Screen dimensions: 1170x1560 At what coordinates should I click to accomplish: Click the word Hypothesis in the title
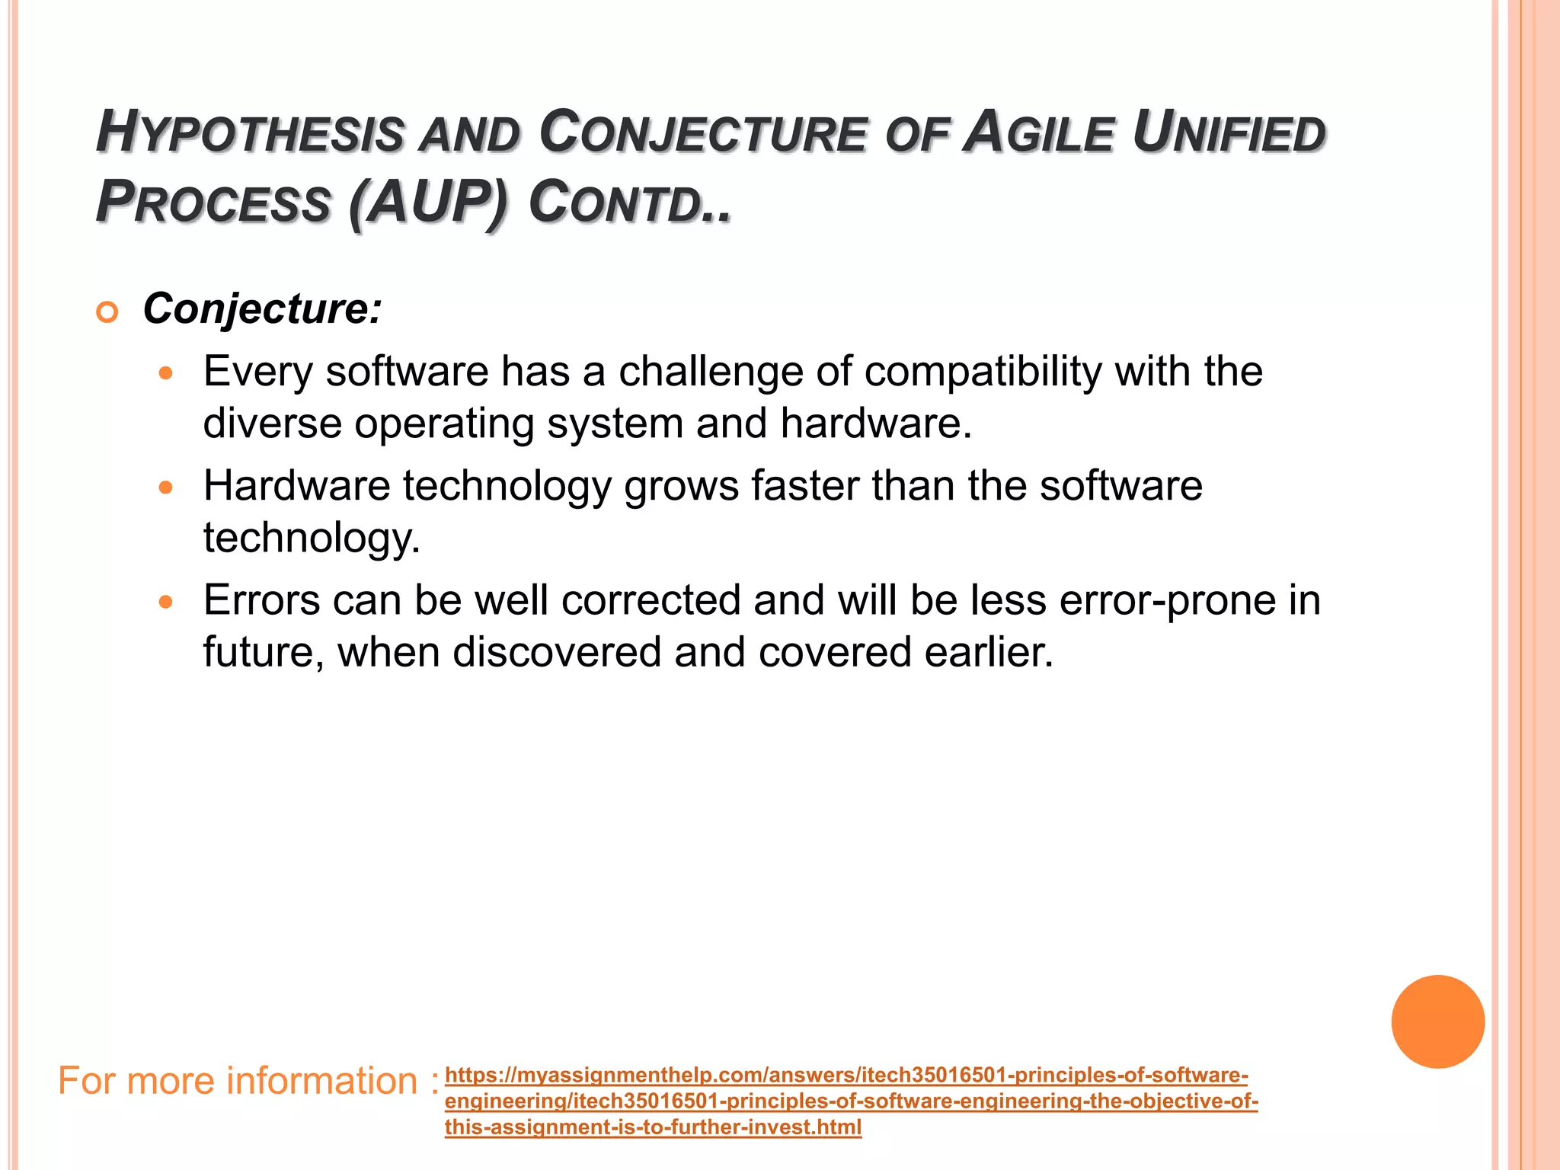click(249, 133)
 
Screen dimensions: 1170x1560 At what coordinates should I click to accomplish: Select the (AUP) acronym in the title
click(427, 203)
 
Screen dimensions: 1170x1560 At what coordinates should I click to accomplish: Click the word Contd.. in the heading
click(629, 203)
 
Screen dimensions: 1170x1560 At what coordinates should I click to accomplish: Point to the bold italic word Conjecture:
click(262, 309)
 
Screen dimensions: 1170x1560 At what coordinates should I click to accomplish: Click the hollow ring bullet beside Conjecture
click(107, 312)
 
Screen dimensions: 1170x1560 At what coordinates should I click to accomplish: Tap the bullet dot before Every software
click(166, 374)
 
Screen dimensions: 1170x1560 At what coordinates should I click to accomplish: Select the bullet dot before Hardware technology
click(166, 487)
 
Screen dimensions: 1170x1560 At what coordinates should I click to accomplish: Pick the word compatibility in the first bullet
click(983, 372)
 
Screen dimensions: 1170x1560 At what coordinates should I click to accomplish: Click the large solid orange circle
click(1437, 1021)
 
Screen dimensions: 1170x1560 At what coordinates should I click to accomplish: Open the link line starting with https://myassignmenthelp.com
click(846, 1076)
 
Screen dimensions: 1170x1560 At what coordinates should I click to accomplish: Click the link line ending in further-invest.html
click(653, 1127)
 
